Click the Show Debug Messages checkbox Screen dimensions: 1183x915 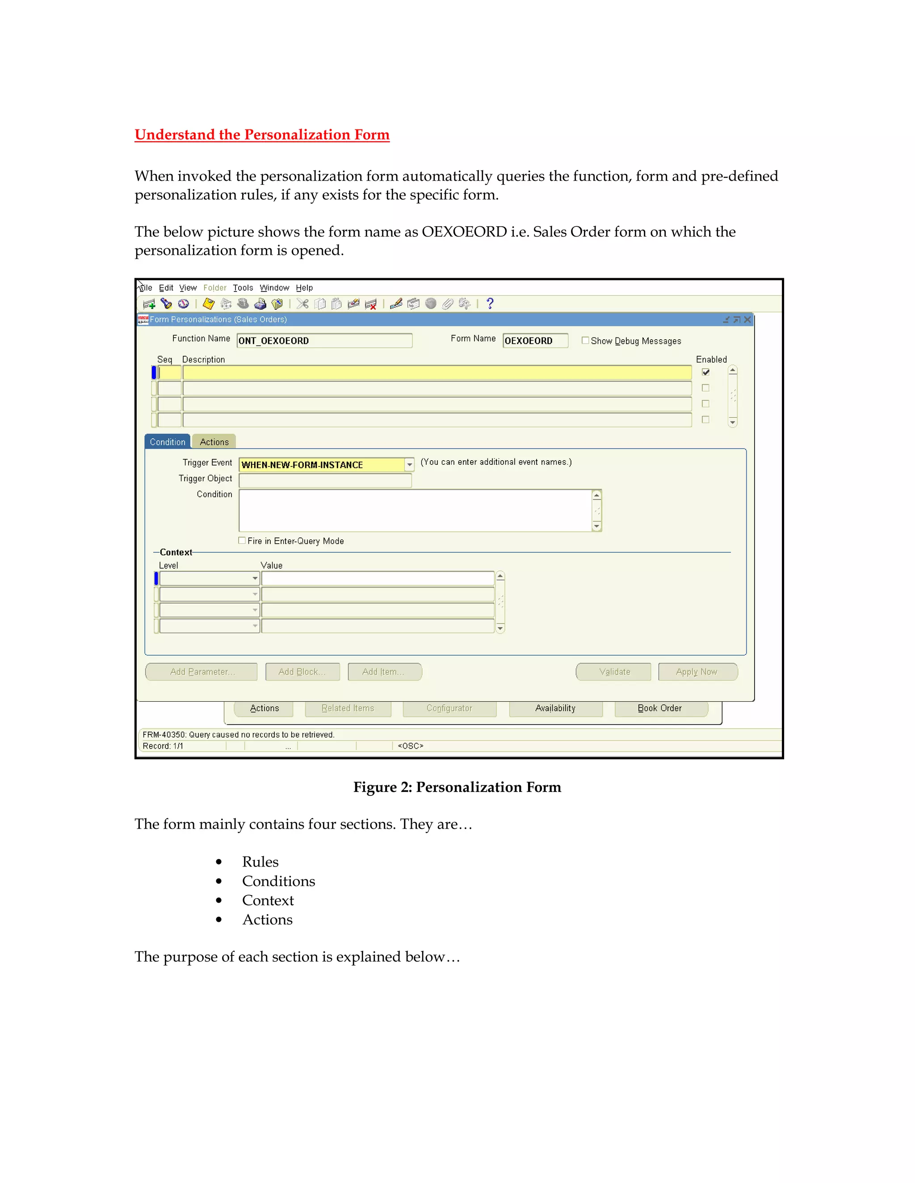click(585, 341)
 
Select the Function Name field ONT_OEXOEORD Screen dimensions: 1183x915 click(324, 341)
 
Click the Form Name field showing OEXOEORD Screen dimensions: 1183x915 click(534, 341)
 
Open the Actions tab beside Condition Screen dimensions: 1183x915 click(214, 442)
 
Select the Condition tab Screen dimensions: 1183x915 click(168, 442)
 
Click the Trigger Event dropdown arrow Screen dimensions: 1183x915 click(409, 465)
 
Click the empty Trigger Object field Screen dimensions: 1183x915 click(325, 480)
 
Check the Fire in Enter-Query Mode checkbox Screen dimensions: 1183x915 click(242, 541)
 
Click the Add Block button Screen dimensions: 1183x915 click(302, 672)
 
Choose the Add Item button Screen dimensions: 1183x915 click(384, 672)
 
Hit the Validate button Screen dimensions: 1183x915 click(614, 672)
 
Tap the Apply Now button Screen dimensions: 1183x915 click(697, 672)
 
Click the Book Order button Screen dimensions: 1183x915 click(660, 708)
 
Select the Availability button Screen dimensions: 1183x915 click(555, 708)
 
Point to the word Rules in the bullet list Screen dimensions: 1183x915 click(260, 862)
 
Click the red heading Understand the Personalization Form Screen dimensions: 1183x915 click(262, 135)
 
